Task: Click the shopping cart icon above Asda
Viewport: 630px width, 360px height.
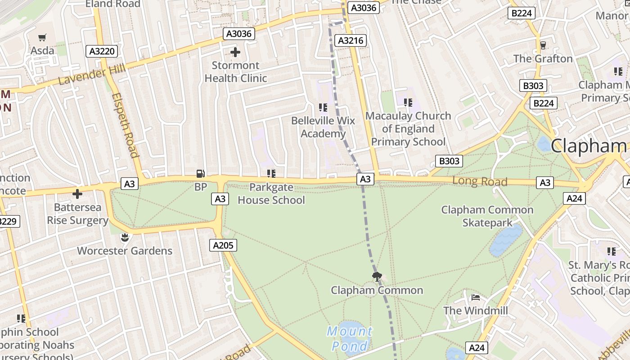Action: coord(42,38)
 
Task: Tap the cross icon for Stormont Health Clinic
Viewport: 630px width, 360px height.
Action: coord(235,52)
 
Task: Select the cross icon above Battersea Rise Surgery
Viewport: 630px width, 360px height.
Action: coord(77,194)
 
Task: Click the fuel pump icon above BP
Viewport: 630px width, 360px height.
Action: coord(200,174)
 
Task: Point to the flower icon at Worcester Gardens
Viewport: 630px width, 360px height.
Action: coord(125,237)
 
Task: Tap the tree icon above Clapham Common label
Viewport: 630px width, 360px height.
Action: coord(377,276)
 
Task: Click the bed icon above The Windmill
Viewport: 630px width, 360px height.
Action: coord(475,297)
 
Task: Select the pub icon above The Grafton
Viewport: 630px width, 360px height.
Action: coord(543,45)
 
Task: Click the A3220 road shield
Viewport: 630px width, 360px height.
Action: coord(102,51)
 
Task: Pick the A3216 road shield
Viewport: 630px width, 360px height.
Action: coord(351,40)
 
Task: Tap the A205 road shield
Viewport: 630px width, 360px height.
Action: coord(223,245)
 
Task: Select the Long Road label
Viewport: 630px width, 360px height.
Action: coord(480,181)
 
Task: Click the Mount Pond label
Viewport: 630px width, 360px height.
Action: coord(350,339)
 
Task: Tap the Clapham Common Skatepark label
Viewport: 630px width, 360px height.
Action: coord(487,216)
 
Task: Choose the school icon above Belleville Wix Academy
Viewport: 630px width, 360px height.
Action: coord(323,107)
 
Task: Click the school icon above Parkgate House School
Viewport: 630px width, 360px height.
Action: coord(271,173)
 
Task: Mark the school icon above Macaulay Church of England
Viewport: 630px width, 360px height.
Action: coord(408,103)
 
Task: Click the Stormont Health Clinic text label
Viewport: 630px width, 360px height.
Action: coord(235,72)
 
